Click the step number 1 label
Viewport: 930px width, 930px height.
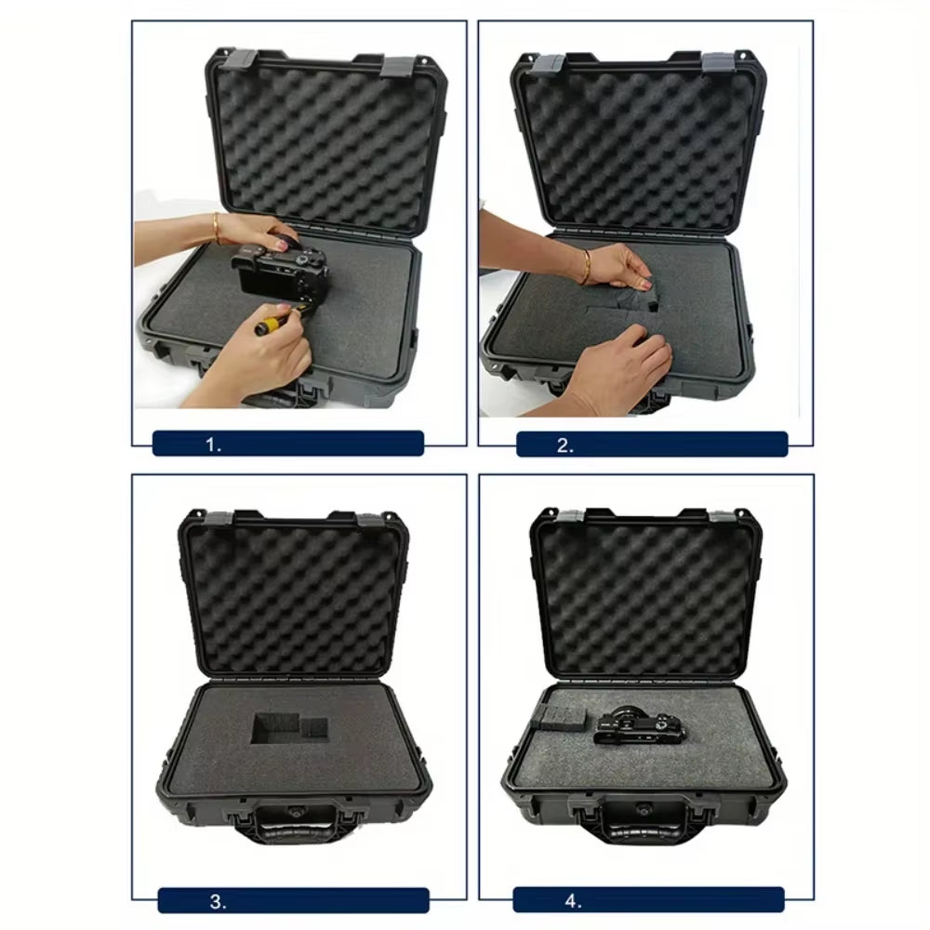point(215,445)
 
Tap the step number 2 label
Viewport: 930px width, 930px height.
point(565,445)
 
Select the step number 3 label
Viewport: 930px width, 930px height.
point(217,900)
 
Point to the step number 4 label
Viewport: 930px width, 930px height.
point(573,900)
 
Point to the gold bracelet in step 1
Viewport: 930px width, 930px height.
point(216,226)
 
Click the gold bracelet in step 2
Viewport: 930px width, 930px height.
point(586,267)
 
